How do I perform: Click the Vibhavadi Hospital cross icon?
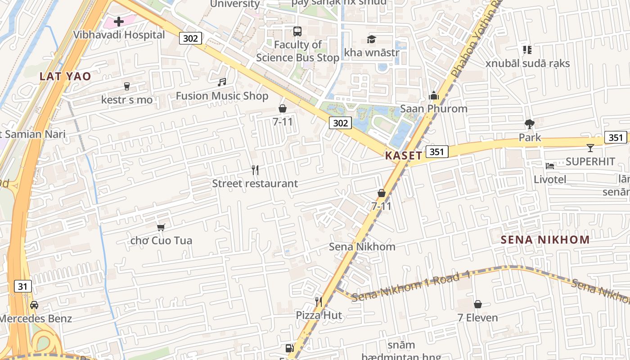pyautogui.click(x=119, y=21)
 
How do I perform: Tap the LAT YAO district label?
pyautogui.click(x=65, y=76)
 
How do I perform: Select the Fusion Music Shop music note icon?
pyautogui.click(x=222, y=82)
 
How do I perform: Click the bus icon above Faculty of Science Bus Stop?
pyautogui.click(x=297, y=31)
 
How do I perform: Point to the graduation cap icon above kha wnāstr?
pyautogui.click(x=371, y=40)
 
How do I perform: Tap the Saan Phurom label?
pyautogui.click(x=434, y=108)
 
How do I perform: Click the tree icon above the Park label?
pyautogui.click(x=530, y=124)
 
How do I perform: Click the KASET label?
pyautogui.click(x=404, y=156)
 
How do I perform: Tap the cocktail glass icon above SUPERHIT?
pyautogui.click(x=590, y=148)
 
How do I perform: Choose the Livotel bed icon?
pyautogui.click(x=550, y=166)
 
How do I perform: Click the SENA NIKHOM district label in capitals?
pyautogui.click(x=545, y=239)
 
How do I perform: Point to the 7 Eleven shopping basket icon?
pyautogui.click(x=478, y=304)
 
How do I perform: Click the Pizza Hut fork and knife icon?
pyautogui.click(x=319, y=301)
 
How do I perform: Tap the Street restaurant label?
pyautogui.click(x=255, y=184)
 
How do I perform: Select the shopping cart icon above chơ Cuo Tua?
pyautogui.click(x=161, y=227)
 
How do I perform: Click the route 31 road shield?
pyautogui.click(x=22, y=286)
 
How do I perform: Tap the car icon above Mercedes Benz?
pyautogui.click(x=34, y=305)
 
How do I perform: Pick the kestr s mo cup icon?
pyautogui.click(x=127, y=86)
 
